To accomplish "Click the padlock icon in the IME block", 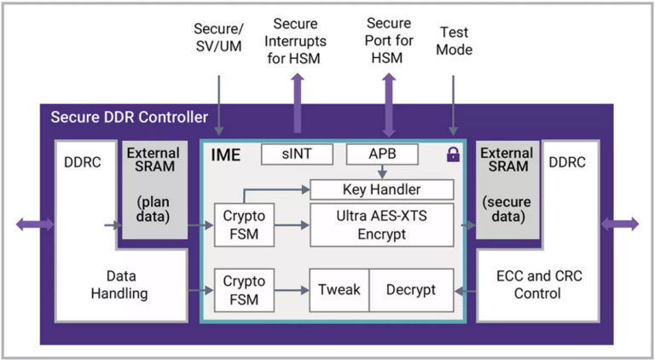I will [x=453, y=155].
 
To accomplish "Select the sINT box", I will [x=297, y=154].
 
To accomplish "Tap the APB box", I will [x=382, y=154].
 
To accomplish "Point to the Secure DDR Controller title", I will [x=129, y=117].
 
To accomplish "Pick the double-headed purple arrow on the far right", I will [x=620, y=224].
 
